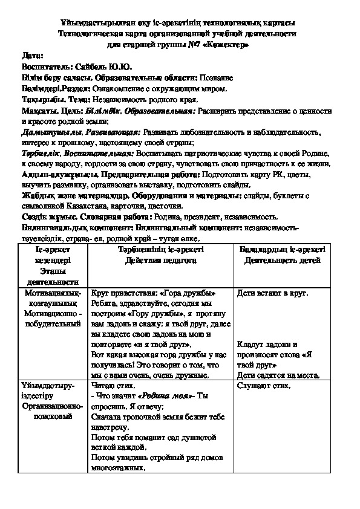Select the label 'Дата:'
click(x=33, y=56)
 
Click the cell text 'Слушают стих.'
click(x=263, y=385)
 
